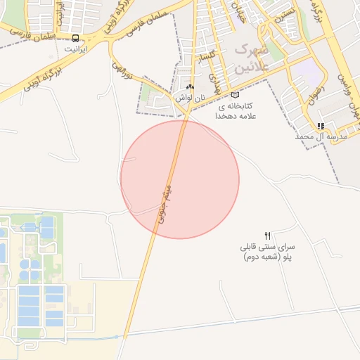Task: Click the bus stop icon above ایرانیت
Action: pos(76,39)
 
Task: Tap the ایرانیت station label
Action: pos(76,50)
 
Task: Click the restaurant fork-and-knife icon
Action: pos(267,236)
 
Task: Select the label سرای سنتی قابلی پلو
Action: pos(267,252)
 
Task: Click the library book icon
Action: pos(235,95)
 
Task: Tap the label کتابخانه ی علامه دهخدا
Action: pos(236,110)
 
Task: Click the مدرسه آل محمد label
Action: pos(321,136)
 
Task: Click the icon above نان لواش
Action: pos(190,87)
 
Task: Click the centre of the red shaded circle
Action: pos(180,179)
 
